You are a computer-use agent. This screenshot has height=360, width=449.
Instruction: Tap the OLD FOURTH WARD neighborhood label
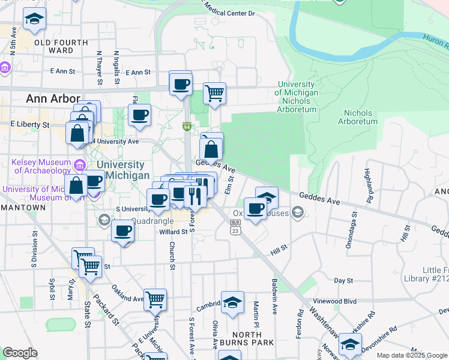62,47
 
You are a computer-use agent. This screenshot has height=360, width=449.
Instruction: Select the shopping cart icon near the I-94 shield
214,93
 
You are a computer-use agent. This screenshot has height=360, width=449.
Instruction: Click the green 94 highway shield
187,127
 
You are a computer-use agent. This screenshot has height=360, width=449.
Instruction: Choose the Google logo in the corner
20,353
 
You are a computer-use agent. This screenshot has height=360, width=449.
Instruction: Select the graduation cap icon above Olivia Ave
232,303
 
